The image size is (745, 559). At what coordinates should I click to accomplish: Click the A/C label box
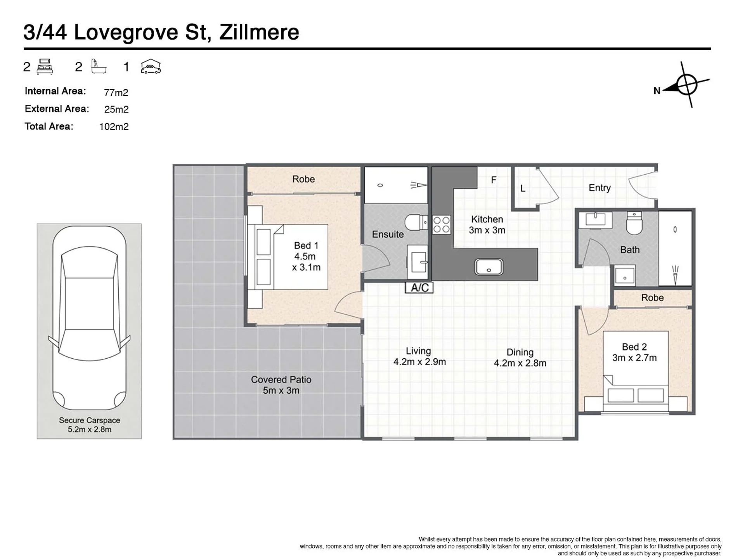tap(419, 288)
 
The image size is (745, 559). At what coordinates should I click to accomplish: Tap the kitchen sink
tap(489, 267)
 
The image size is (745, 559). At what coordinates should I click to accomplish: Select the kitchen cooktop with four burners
tap(442, 224)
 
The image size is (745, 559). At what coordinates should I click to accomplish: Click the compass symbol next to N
tap(686, 84)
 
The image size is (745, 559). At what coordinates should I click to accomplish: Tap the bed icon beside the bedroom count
tap(45, 66)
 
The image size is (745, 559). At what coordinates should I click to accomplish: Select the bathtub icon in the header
tap(99, 66)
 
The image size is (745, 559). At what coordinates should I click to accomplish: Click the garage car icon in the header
tap(151, 66)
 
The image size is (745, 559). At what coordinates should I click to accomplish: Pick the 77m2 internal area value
tap(116, 92)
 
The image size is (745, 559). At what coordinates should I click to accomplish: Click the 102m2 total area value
tap(114, 127)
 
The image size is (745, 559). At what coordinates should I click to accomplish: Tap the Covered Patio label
tap(281, 380)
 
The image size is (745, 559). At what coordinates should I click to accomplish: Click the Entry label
tap(599, 188)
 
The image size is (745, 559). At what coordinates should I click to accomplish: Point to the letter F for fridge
tap(494, 180)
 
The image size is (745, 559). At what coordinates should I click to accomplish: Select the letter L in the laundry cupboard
tap(523, 189)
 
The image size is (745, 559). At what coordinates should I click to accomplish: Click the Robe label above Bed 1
tap(303, 179)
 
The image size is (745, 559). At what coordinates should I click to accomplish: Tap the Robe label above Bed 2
tap(652, 298)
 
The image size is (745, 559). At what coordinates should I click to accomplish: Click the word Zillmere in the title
tap(259, 32)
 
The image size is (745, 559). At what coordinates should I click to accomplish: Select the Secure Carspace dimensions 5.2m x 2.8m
tap(90, 429)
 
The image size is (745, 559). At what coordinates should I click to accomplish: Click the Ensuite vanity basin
tap(418, 262)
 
